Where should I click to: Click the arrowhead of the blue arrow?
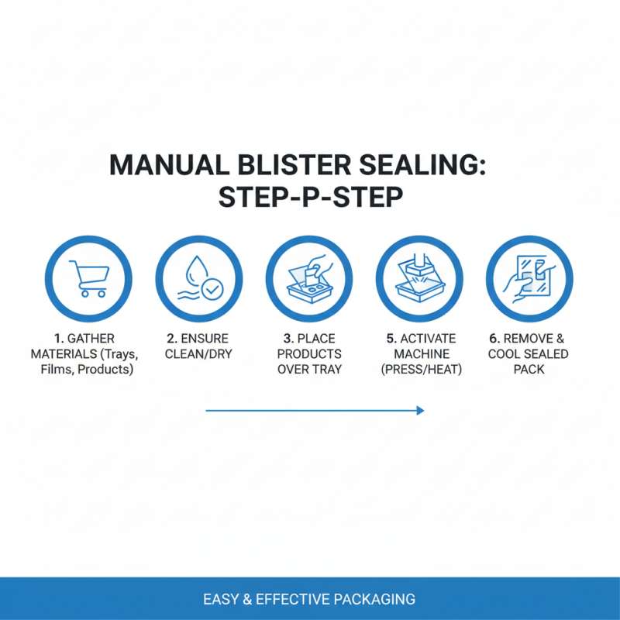click(420, 411)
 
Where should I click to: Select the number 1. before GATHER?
click(59, 339)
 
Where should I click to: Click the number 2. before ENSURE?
click(171, 339)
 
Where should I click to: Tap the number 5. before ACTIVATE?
click(391, 339)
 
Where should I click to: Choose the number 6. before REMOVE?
click(494, 339)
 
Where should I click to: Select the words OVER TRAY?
click(309, 370)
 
